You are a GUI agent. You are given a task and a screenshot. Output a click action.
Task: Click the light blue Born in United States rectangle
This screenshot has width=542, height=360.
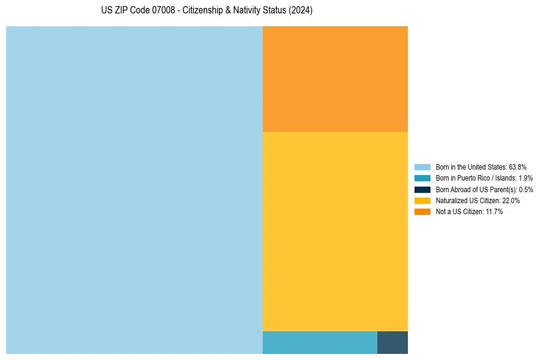click(134, 190)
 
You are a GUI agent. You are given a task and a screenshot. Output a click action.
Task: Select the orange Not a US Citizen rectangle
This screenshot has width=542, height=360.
click(335, 79)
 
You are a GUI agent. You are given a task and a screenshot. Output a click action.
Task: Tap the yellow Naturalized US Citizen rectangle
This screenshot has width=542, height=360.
click(335, 231)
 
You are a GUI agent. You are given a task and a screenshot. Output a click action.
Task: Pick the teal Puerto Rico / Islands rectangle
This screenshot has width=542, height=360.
click(319, 342)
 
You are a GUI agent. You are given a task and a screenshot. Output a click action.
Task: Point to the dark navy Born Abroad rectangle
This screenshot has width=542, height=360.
click(392, 342)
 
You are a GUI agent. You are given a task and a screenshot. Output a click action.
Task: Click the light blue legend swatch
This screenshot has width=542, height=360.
click(423, 167)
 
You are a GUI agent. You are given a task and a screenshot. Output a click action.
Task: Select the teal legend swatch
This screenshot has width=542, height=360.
click(423, 178)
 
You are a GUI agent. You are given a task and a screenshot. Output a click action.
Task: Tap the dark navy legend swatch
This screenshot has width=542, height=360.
click(423, 189)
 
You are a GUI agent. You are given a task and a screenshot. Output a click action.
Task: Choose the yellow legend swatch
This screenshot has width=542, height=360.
click(423, 200)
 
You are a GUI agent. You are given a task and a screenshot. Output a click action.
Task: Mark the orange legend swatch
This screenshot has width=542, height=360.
click(423, 212)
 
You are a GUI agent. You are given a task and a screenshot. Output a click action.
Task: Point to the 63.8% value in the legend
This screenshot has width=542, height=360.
click(518, 167)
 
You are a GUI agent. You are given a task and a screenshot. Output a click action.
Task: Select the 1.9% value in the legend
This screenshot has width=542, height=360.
click(526, 178)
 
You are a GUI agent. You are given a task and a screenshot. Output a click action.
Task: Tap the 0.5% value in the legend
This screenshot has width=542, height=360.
click(526, 189)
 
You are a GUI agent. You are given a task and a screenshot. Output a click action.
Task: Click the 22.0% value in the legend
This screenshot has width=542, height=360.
click(511, 200)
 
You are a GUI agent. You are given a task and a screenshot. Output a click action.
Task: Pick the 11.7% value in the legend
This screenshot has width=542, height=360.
click(494, 212)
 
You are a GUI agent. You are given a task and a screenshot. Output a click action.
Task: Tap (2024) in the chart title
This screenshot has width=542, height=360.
click(301, 11)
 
